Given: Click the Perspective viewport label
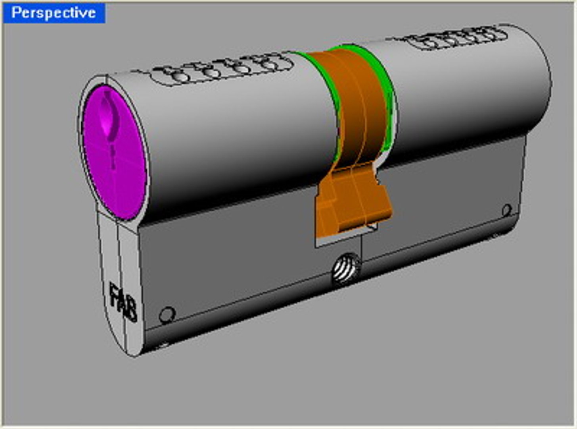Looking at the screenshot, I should pyautogui.click(x=54, y=13).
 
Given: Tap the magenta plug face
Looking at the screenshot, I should pyautogui.click(x=119, y=167).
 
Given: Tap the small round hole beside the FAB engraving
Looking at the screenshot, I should pyautogui.click(x=167, y=315).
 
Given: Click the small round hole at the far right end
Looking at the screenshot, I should pyautogui.click(x=506, y=210).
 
